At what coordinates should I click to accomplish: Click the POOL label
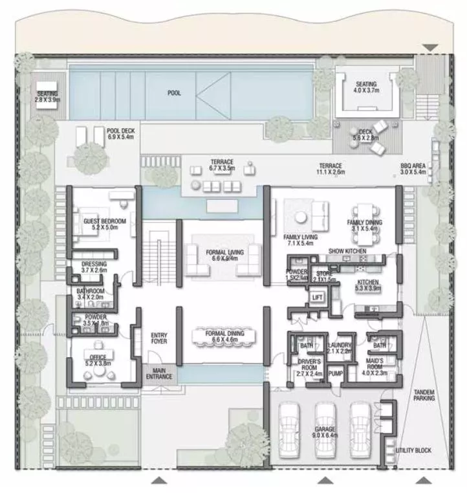coord(174,93)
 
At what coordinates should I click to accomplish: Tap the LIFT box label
coord(317,297)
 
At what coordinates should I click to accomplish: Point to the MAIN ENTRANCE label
coord(159,373)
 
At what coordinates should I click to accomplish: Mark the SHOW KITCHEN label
coord(347,251)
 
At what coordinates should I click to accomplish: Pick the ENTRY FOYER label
coord(159,338)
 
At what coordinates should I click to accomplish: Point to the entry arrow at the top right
coord(430,47)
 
